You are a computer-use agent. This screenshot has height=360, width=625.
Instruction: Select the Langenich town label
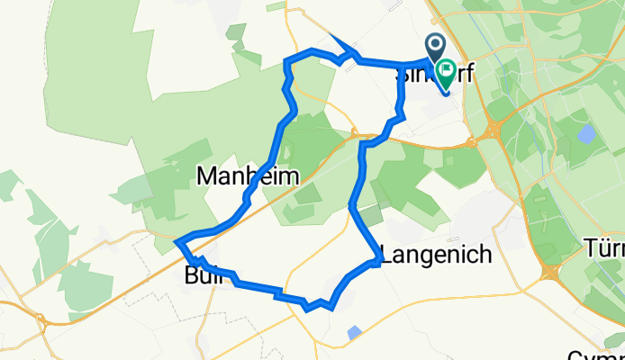point(439,255)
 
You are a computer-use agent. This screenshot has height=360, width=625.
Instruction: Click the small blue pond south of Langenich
point(354,333)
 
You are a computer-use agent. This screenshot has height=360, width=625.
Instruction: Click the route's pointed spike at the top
point(332,36)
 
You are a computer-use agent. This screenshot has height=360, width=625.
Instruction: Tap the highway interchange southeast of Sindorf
point(492,131)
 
